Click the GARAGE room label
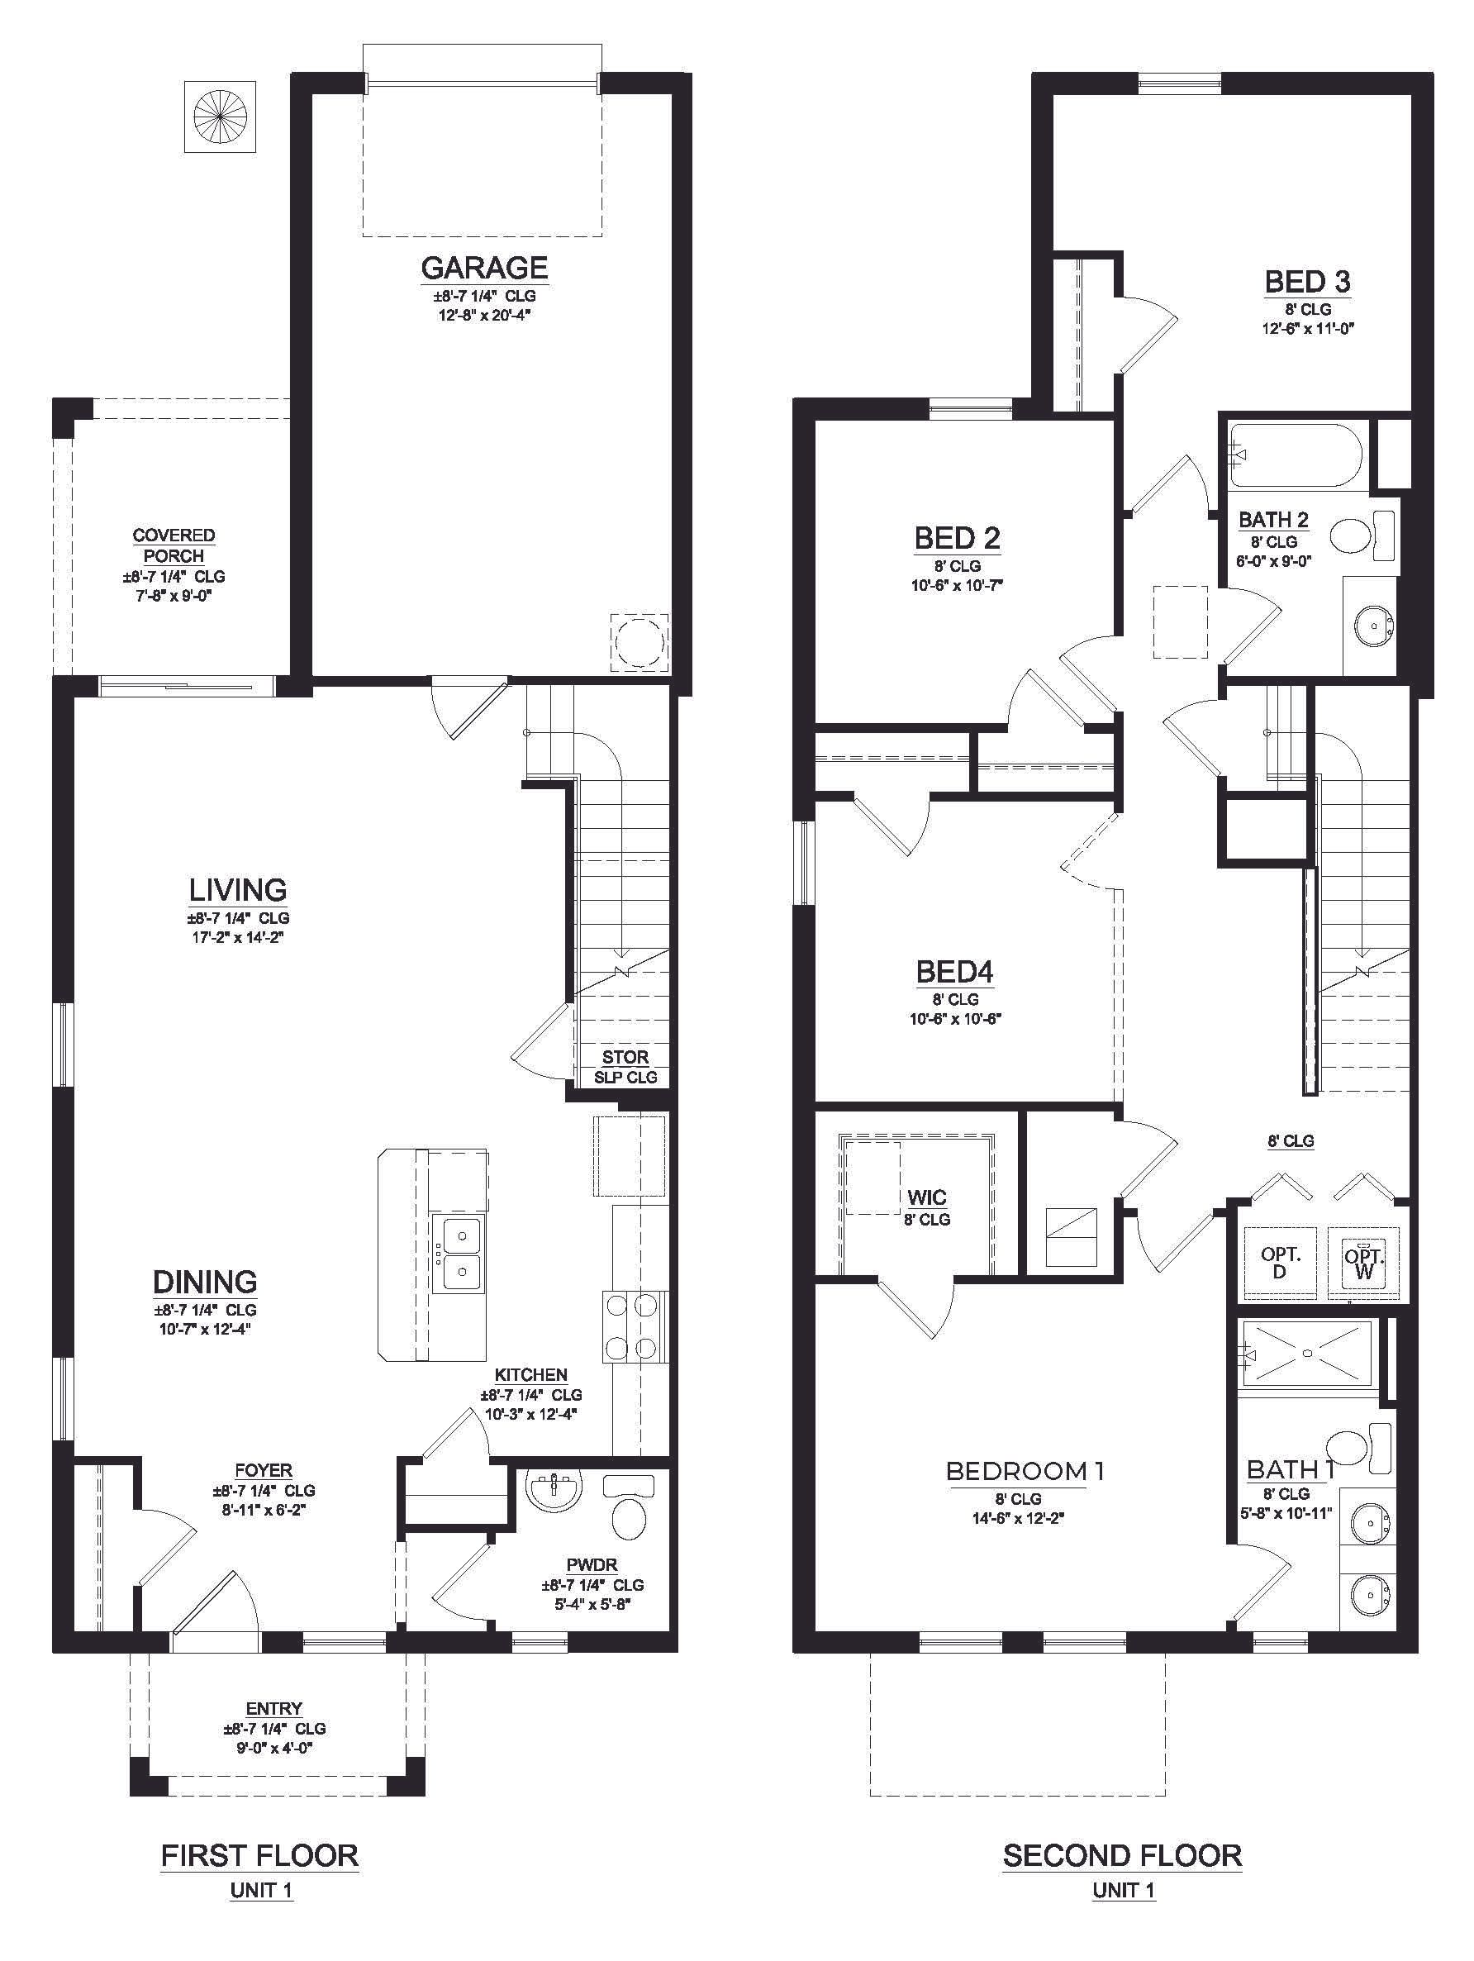coord(483,268)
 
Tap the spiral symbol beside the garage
coord(219,117)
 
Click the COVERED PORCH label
coord(174,545)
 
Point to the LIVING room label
coord(237,889)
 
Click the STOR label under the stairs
coord(625,1057)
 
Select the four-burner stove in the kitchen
coord(635,1327)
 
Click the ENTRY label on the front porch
coord(273,1708)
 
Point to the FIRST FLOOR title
coord(259,1854)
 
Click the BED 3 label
coord(1307,282)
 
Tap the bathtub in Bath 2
coord(1300,455)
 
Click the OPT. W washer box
coord(1363,1263)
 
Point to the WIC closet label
coord(926,1197)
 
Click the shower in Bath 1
coord(1307,1353)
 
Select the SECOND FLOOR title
coord(1122,1854)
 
